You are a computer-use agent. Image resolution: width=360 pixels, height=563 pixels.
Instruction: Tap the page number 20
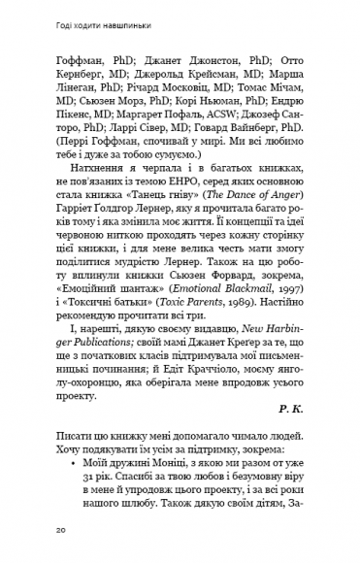(60, 530)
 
